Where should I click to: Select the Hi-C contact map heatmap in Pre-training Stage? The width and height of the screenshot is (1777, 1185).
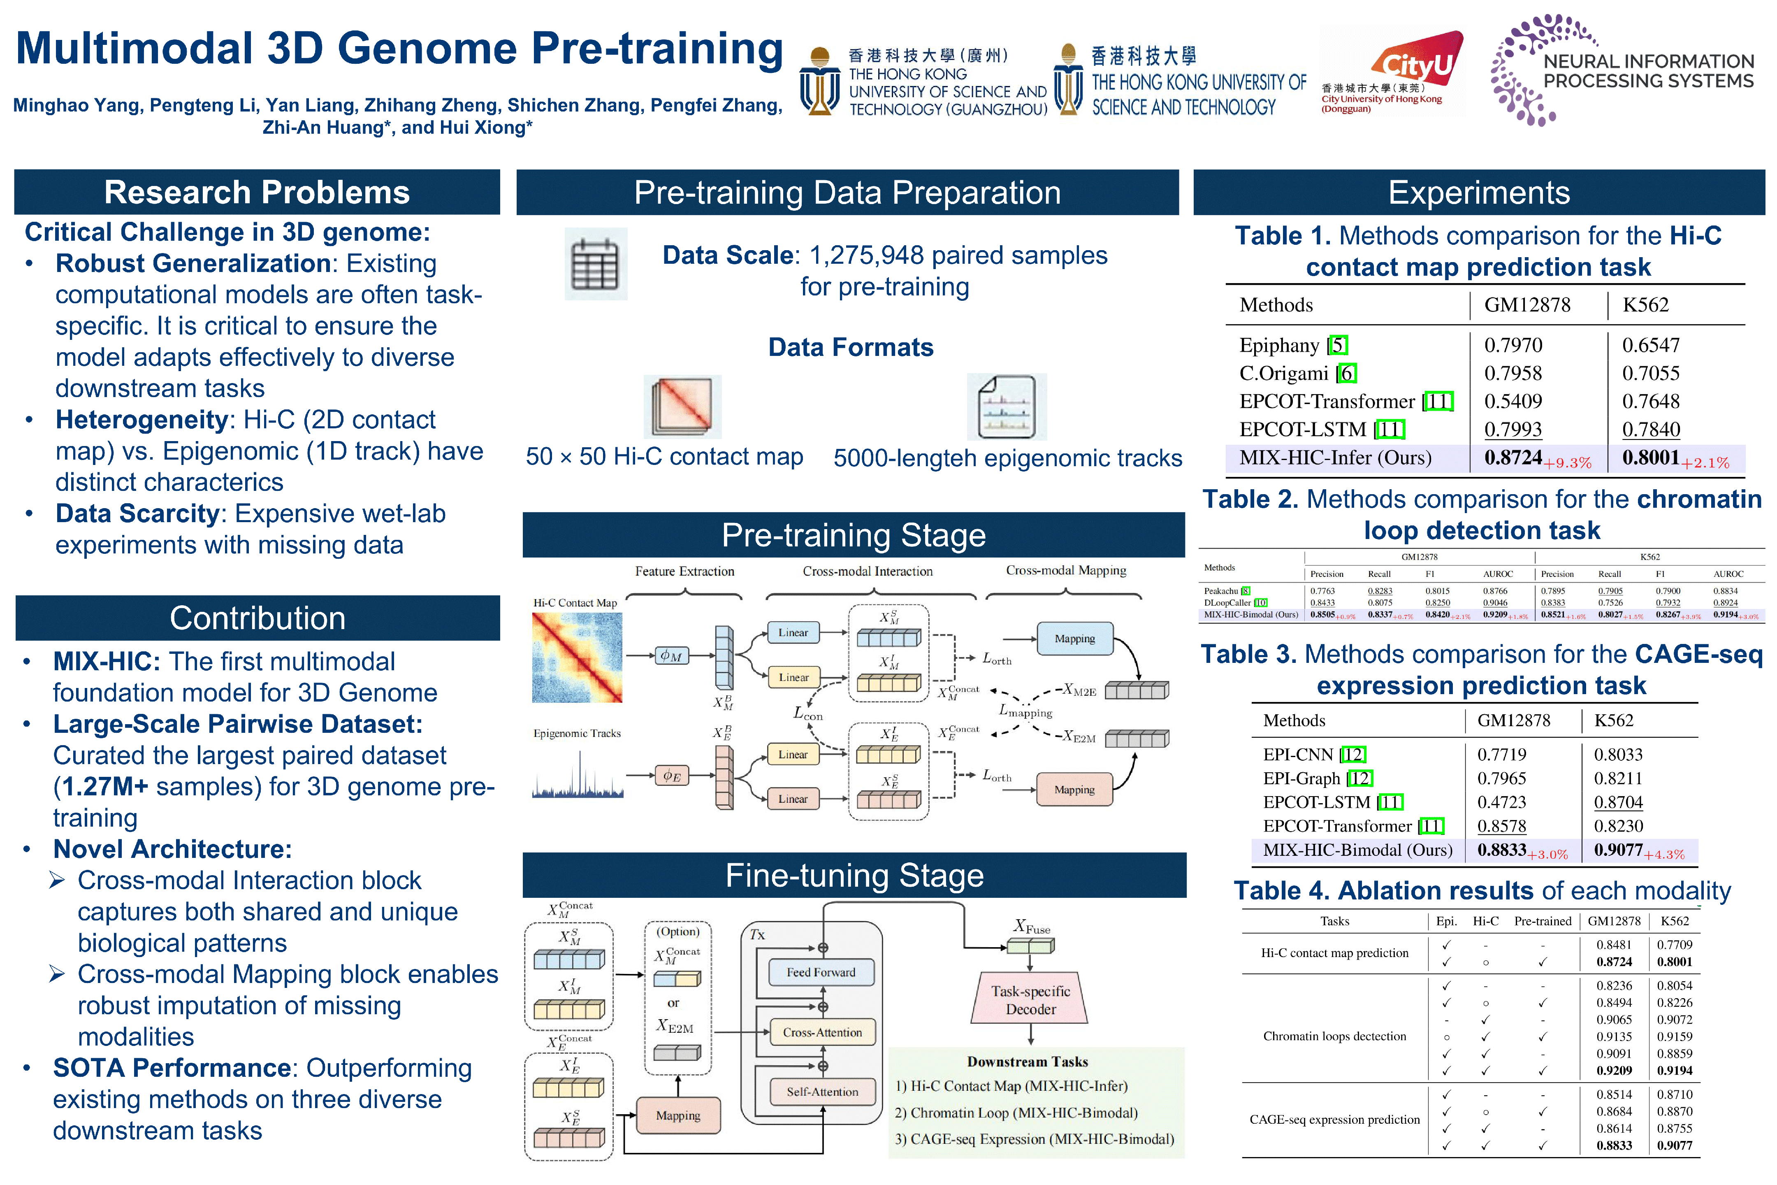tap(577, 658)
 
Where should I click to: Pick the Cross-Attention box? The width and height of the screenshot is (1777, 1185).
tap(822, 1032)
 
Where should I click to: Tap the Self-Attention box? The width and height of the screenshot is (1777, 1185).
tap(822, 1092)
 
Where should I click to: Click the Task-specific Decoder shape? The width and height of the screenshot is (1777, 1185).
tap(1030, 1000)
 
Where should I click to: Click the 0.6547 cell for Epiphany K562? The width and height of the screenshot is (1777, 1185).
tap(1651, 345)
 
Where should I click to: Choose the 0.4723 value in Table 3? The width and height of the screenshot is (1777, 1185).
tap(1501, 802)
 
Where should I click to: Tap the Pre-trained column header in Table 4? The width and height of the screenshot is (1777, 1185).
tap(1542, 921)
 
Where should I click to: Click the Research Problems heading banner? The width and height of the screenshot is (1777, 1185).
tap(257, 193)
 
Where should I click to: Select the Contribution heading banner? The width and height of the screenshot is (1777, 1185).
tap(257, 618)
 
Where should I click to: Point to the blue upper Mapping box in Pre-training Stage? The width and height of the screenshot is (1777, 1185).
tap(1074, 639)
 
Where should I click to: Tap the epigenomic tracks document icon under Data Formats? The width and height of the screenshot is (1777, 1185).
tap(1007, 407)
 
